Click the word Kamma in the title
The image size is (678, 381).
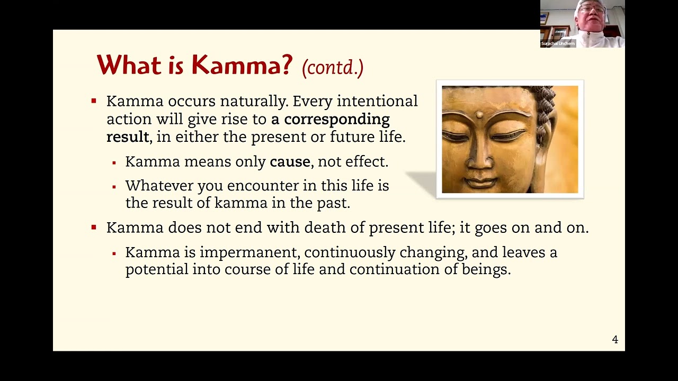(x=242, y=65)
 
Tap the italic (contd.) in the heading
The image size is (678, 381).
(x=333, y=68)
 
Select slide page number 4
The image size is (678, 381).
(x=615, y=340)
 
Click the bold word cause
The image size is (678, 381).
(x=290, y=162)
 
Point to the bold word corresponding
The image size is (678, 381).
(x=337, y=119)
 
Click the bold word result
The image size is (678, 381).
(x=127, y=137)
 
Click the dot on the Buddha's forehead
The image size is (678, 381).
(x=480, y=114)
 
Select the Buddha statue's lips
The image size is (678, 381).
(x=481, y=182)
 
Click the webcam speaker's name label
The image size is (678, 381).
(x=558, y=43)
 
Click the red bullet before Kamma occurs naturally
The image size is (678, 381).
(x=94, y=101)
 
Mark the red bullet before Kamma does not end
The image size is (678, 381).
(x=94, y=228)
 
